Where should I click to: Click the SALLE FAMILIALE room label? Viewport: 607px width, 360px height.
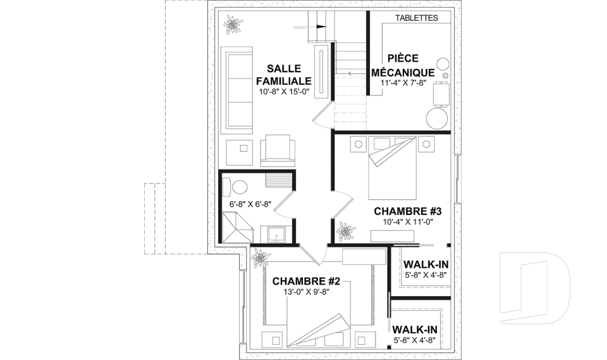[x=284, y=75]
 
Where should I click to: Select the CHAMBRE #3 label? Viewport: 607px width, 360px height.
[x=408, y=211]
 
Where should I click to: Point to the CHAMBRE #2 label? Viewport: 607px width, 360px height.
[x=306, y=281]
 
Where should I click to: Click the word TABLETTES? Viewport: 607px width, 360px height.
[x=417, y=18]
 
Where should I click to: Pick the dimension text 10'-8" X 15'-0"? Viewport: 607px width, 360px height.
[x=284, y=92]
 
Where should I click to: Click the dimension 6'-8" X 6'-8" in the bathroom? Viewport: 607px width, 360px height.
[x=250, y=204]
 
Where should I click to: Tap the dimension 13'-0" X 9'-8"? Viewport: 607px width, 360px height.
[x=306, y=292]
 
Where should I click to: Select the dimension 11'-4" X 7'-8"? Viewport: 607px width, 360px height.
[x=403, y=82]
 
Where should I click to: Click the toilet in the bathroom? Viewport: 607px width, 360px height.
[x=236, y=187]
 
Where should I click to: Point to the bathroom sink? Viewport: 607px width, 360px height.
[x=276, y=235]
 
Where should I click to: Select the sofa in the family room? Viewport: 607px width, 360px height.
[x=236, y=90]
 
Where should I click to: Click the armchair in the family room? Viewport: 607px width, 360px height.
[x=277, y=151]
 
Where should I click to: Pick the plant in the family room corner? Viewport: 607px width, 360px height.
[x=232, y=25]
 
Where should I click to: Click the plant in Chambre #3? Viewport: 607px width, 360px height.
[x=345, y=232]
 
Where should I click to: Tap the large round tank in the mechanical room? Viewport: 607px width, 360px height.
[x=437, y=118]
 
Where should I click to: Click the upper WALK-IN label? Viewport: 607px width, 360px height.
[x=426, y=264]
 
